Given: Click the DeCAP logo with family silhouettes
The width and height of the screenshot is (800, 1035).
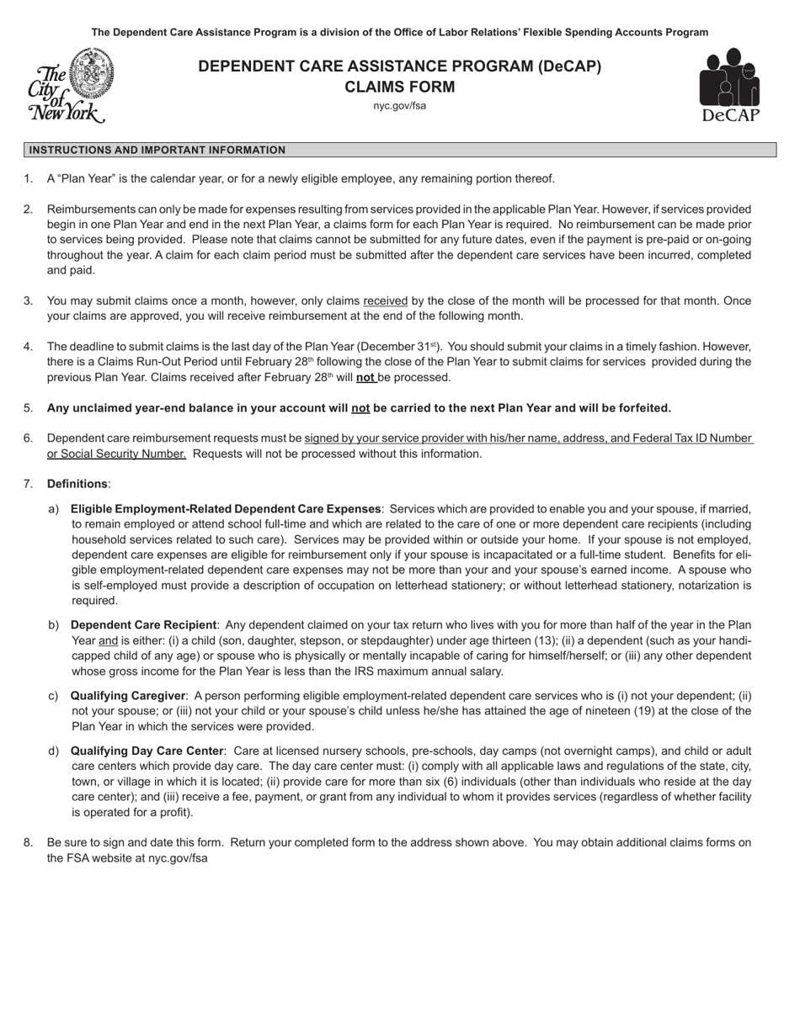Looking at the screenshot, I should [728, 85].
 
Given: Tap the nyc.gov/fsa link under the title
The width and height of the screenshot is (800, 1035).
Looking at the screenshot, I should [399, 106].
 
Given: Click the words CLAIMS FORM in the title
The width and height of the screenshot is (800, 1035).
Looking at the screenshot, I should [399, 87].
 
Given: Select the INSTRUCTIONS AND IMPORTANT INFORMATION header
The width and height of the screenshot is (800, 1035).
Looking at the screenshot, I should [157, 150].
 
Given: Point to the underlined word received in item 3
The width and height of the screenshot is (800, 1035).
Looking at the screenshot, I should [385, 300].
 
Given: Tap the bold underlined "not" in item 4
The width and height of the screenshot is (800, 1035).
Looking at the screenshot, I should [365, 377].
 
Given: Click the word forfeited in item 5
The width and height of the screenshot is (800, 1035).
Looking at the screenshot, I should [642, 408].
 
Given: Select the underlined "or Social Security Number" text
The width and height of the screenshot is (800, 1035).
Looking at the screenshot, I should [116, 454].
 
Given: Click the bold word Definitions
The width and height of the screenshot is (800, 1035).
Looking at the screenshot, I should [77, 484].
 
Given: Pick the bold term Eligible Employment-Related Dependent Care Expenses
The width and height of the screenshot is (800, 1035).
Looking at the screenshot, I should [226, 509].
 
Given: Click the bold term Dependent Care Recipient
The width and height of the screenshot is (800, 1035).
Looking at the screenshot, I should [143, 625].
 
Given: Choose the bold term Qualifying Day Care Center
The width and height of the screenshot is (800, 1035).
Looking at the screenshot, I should [147, 751].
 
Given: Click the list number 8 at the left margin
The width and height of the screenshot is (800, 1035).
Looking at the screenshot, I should [28, 842].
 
